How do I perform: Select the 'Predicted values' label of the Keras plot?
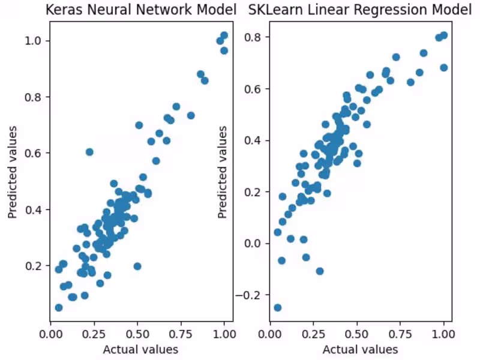pos(12,172)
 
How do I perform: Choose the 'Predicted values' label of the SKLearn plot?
pos(223,172)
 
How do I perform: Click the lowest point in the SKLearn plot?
pos(277,308)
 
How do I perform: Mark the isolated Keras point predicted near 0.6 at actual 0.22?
pos(89,152)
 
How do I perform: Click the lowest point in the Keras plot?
pos(58,308)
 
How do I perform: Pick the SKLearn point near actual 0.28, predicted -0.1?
pos(319,271)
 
